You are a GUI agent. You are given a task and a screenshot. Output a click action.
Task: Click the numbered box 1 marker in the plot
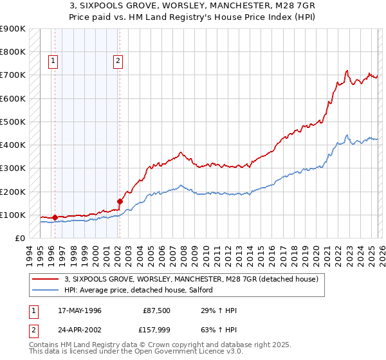click(x=53, y=62)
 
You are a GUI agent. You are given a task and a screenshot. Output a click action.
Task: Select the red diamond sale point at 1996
click(x=55, y=217)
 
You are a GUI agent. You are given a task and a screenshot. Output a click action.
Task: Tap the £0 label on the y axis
click(x=19, y=238)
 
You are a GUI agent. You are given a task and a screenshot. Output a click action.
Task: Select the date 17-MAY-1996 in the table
click(x=79, y=310)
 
